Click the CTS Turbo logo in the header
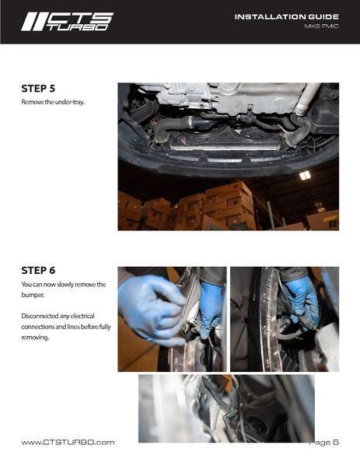pos(67,22)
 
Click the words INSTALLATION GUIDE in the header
pos(287,17)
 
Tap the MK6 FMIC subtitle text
pos(321,26)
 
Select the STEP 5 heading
pos(38,89)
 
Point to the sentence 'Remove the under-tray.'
pos(53,102)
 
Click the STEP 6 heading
pos(38,271)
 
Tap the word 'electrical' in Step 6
pos(82,316)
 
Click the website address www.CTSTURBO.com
pos(68,443)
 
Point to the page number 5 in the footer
pos(336,442)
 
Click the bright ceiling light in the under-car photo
pos(305,176)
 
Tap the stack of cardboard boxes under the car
pos(187,208)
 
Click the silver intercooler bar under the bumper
pos(225,147)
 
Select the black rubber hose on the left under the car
pos(175,126)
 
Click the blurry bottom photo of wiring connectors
pos(226,408)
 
